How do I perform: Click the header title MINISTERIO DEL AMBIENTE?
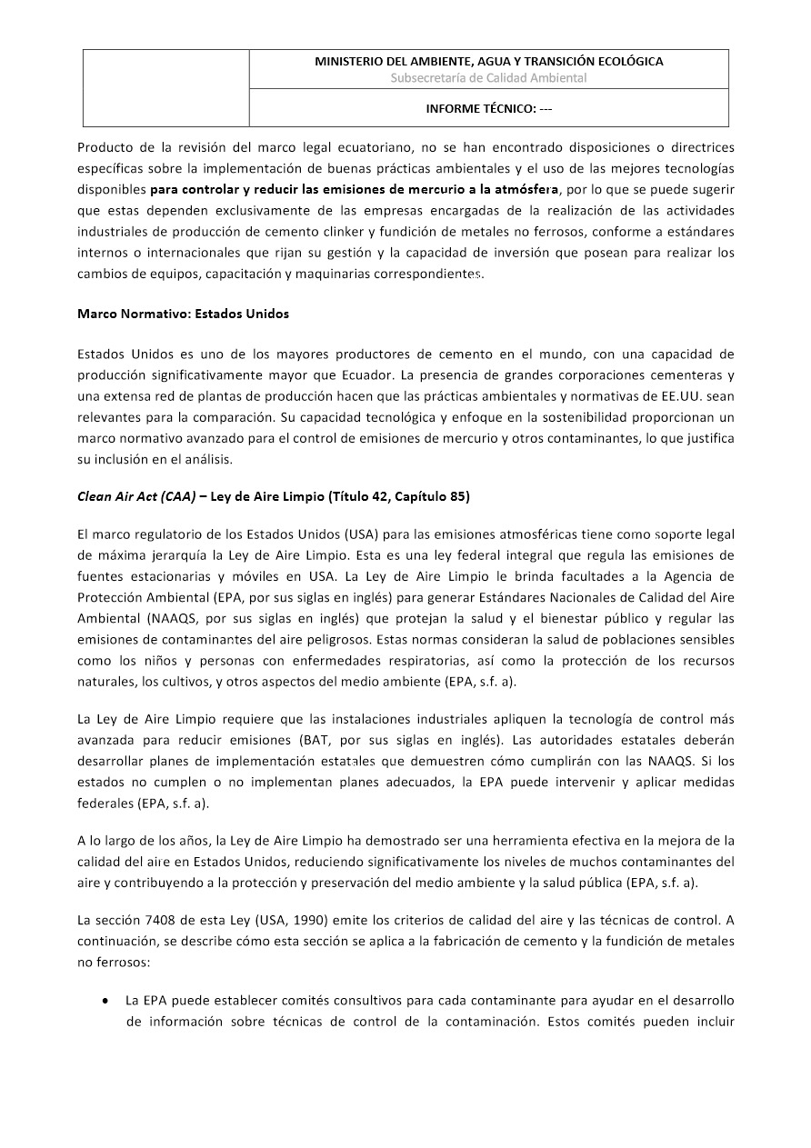click(x=488, y=62)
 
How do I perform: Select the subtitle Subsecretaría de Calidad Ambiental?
click(x=488, y=78)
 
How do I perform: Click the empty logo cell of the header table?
click(x=166, y=88)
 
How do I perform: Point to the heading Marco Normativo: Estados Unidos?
click(x=183, y=314)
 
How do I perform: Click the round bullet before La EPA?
click(x=106, y=1001)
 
